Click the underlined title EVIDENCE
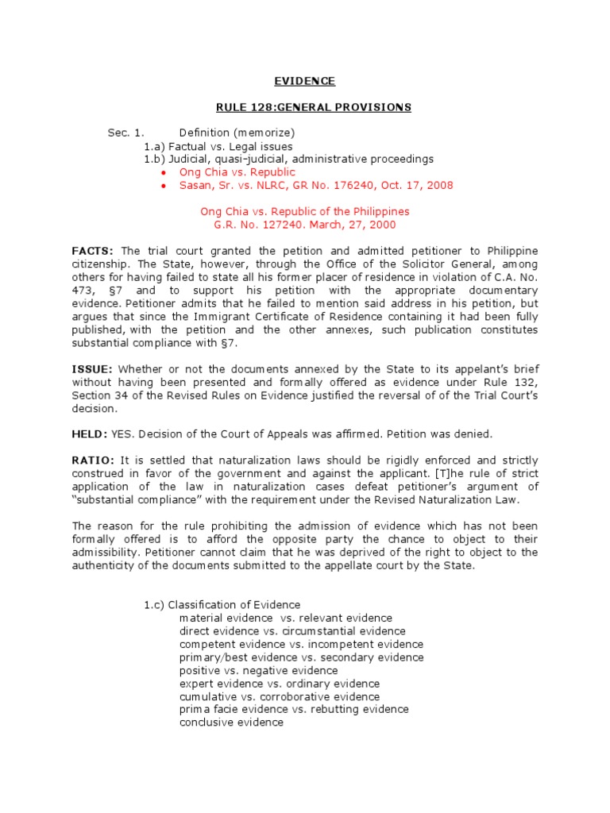(304, 82)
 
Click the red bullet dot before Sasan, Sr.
(163, 186)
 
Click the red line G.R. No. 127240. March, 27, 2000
(304, 225)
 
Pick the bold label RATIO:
(94, 460)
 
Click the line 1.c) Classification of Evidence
(222, 605)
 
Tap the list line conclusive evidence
(231, 722)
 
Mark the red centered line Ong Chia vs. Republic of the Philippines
(304, 211)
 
